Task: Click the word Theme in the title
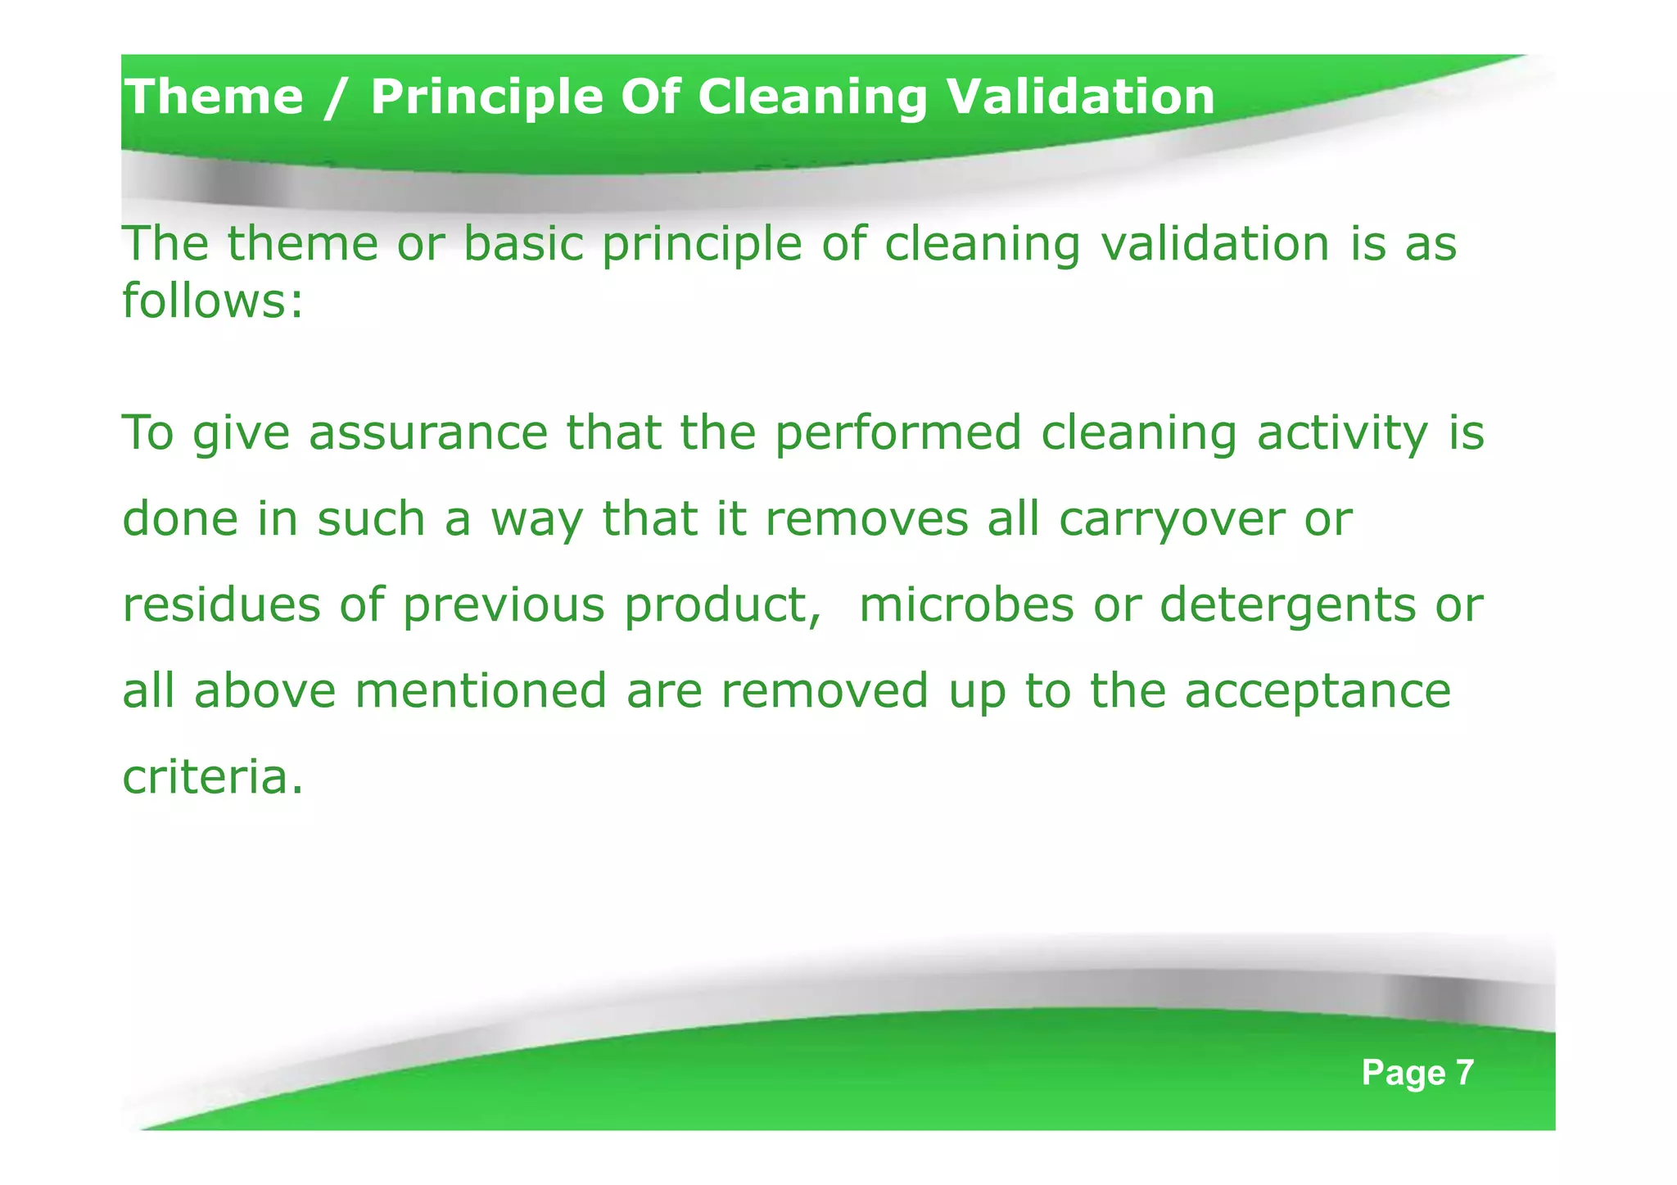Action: click(214, 97)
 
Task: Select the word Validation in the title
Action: click(1080, 97)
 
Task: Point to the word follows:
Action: click(213, 301)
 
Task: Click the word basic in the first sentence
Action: click(523, 244)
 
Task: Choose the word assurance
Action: click(428, 433)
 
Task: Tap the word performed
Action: click(898, 433)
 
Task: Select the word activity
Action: click(1343, 433)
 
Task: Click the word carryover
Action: click(1171, 519)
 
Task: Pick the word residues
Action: click(221, 605)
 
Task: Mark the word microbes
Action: click(966, 605)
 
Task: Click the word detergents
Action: click(1287, 605)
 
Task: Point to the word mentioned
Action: click(481, 691)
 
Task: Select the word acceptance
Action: click(1318, 691)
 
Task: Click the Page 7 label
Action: click(1417, 1073)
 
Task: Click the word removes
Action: click(866, 519)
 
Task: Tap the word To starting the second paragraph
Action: click(148, 433)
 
